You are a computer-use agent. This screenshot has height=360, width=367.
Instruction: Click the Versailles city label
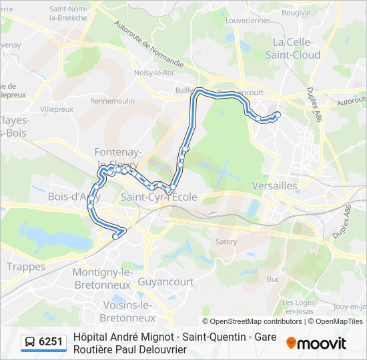(275, 185)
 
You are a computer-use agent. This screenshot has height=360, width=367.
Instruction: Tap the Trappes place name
(26, 267)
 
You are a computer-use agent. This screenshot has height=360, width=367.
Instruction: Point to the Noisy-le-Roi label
(153, 73)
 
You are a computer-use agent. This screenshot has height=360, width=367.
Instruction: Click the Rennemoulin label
(112, 101)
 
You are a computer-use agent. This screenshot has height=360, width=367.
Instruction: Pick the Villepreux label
(56, 108)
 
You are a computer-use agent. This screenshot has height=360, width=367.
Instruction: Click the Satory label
(226, 241)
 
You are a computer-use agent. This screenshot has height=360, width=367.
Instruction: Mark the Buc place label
(272, 279)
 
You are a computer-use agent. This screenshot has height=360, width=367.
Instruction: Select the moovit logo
(316, 343)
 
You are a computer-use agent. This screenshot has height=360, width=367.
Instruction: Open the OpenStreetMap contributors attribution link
(252, 321)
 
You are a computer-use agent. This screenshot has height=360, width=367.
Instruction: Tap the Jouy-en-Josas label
(350, 307)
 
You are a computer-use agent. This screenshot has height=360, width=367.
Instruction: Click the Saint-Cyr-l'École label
(159, 197)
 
